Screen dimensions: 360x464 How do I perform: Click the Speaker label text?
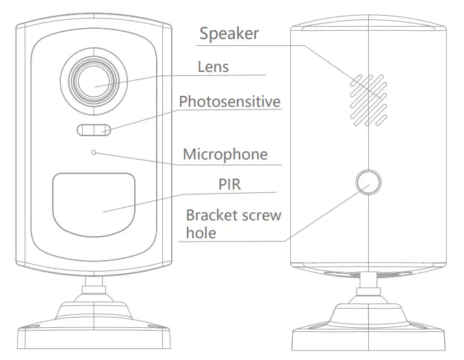point(229,34)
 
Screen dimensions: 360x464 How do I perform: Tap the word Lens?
point(213,66)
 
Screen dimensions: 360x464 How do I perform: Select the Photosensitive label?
point(229,102)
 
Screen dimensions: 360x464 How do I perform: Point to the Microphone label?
point(224,154)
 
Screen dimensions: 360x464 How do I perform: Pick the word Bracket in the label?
point(207,216)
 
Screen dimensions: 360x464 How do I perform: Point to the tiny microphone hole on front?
point(94,153)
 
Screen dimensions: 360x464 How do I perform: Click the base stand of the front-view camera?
point(94,329)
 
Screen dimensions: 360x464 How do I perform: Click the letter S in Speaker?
point(204,34)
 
